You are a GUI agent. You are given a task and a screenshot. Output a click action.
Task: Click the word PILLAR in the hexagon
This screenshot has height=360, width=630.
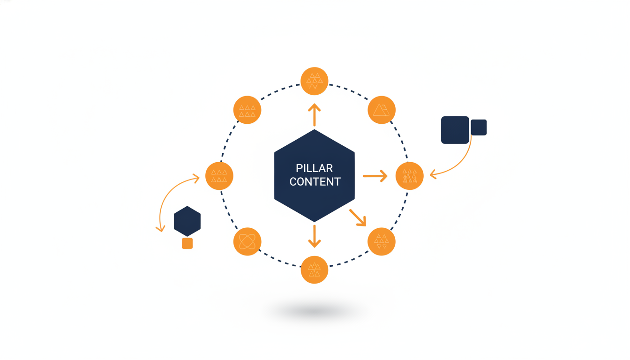(x=314, y=168)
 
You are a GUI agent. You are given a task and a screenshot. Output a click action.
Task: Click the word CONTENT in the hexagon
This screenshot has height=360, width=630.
(x=315, y=182)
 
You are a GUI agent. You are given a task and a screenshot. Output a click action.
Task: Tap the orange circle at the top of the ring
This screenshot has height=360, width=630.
(x=315, y=81)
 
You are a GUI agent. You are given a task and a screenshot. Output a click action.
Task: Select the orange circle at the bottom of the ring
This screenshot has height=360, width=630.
(x=315, y=270)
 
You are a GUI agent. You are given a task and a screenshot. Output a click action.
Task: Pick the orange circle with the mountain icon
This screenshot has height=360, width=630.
(x=382, y=110)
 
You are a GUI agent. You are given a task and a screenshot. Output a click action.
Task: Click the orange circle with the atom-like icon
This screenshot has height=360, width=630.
(x=247, y=241)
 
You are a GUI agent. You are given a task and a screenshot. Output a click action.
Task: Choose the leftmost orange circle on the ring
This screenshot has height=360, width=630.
(x=219, y=176)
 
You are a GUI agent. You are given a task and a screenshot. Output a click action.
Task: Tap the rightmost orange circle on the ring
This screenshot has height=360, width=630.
(x=410, y=176)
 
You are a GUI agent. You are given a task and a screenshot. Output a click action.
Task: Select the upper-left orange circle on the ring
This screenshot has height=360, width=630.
(x=247, y=110)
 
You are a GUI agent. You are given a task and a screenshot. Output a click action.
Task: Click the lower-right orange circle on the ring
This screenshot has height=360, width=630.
(x=382, y=241)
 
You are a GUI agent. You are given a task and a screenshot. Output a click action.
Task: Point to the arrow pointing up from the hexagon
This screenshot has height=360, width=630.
(x=315, y=115)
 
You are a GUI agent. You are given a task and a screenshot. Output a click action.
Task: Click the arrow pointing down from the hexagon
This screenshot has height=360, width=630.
(x=315, y=236)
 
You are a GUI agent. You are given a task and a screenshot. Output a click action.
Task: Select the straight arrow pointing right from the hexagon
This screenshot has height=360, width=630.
(x=375, y=176)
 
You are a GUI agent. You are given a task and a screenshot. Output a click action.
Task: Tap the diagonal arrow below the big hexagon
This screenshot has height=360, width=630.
(x=358, y=217)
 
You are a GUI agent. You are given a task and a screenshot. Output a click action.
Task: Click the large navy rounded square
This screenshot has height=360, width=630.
(x=455, y=130)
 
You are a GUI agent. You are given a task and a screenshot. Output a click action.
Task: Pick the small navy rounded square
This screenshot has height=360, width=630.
(x=479, y=127)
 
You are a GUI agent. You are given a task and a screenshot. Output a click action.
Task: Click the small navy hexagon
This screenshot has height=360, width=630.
(x=187, y=221)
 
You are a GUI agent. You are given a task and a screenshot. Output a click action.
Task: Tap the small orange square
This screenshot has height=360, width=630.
(x=187, y=244)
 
